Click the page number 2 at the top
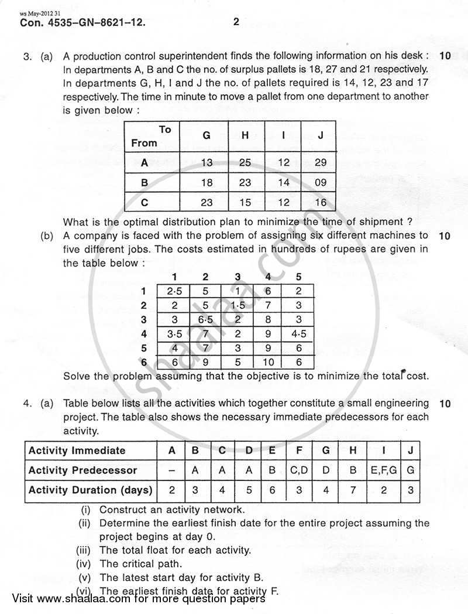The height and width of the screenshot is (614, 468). click(x=236, y=23)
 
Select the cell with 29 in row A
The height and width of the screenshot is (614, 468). click(x=320, y=162)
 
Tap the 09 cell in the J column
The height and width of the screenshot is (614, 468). click(x=320, y=183)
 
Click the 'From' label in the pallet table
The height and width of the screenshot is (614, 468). click(x=144, y=143)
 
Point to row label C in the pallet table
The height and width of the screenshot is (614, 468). click(x=144, y=203)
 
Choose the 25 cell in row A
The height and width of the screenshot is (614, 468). click(x=245, y=162)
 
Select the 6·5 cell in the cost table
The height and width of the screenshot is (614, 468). click(x=205, y=320)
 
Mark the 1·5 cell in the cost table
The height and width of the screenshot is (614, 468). click(x=236, y=305)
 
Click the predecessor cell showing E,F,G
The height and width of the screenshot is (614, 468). click(x=384, y=470)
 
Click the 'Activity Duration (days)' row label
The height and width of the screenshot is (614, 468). click(x=90, y=490)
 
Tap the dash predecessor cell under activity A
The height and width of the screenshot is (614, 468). click(x=172, y=470)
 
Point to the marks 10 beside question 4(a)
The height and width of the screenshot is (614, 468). click(x=443, y=403)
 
